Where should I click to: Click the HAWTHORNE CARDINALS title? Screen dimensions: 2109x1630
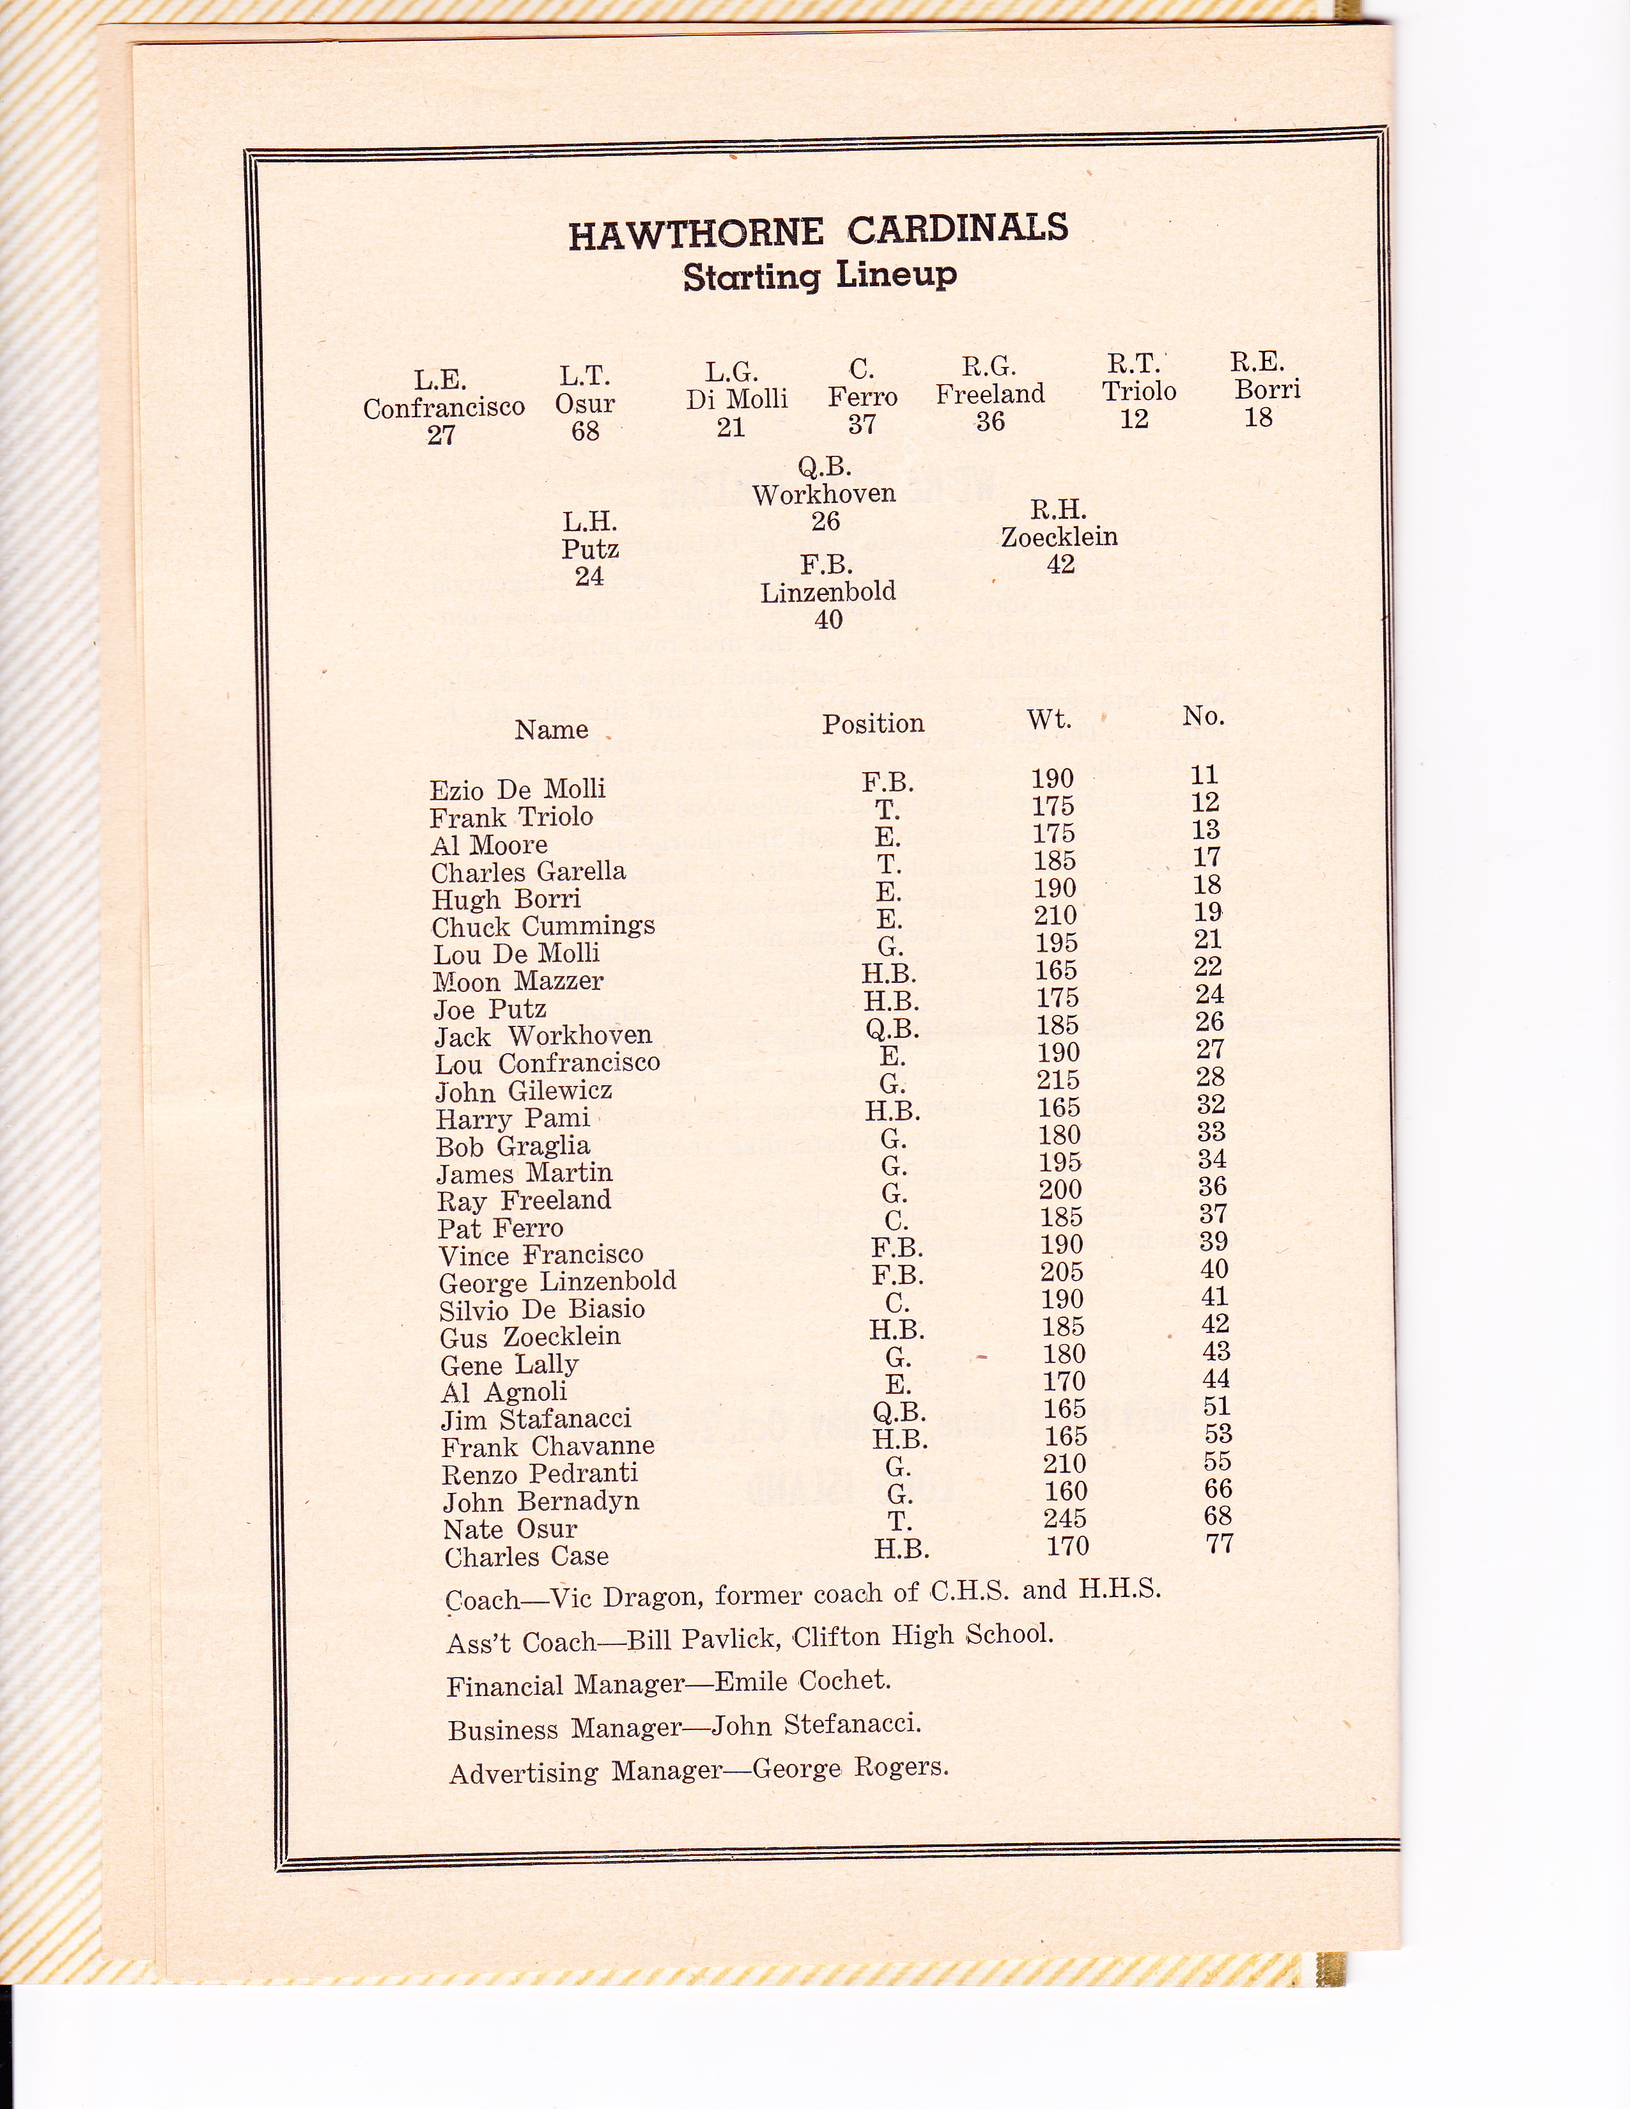pos(818,232)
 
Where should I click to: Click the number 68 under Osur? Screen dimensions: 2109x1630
pos(585,431)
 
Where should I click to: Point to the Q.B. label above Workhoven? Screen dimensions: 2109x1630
pos(824,467)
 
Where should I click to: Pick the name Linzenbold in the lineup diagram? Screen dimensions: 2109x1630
pos(828,592)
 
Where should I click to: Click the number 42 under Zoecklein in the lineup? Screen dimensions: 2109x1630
pos(1060,564)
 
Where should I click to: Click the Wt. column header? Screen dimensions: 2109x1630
pos(1049,720)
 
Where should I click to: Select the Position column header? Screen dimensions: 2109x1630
pos(873,724)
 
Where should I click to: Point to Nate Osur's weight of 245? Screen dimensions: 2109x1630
pos(1065,1519)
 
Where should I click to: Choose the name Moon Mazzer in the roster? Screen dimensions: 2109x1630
pos(518,982)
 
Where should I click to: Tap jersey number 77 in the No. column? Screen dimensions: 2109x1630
pos(1220,1544)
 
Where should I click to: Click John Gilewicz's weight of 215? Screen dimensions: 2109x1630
pos(1059,1081)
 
